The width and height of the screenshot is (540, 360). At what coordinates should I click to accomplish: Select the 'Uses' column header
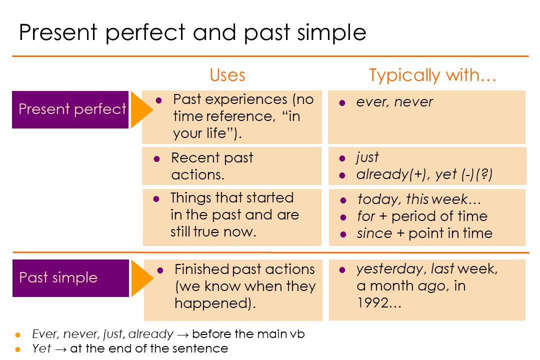(227, 75)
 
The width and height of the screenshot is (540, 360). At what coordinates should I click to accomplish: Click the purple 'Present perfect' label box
(70, 109)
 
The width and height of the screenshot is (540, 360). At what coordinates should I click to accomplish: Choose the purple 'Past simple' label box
(70, 278)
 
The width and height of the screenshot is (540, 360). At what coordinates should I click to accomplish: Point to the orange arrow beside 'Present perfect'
(141, 110)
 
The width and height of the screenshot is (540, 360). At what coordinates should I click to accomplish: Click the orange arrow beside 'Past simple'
(142, 278)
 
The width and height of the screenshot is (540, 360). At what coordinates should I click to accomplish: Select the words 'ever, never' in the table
(394, 102)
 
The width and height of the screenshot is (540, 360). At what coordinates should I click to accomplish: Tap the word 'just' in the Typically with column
(367, 157)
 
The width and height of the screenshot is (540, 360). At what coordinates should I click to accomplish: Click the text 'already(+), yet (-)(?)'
(424, 174)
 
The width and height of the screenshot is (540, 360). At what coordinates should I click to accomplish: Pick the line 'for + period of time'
(422, 216)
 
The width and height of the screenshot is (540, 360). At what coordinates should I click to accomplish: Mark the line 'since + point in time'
(424, 233)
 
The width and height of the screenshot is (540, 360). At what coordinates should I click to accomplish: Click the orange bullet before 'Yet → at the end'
(18, 349)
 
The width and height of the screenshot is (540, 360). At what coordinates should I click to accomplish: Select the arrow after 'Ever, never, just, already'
(183, 334)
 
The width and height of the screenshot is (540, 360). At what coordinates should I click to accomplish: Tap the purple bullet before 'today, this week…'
(343, 200)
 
